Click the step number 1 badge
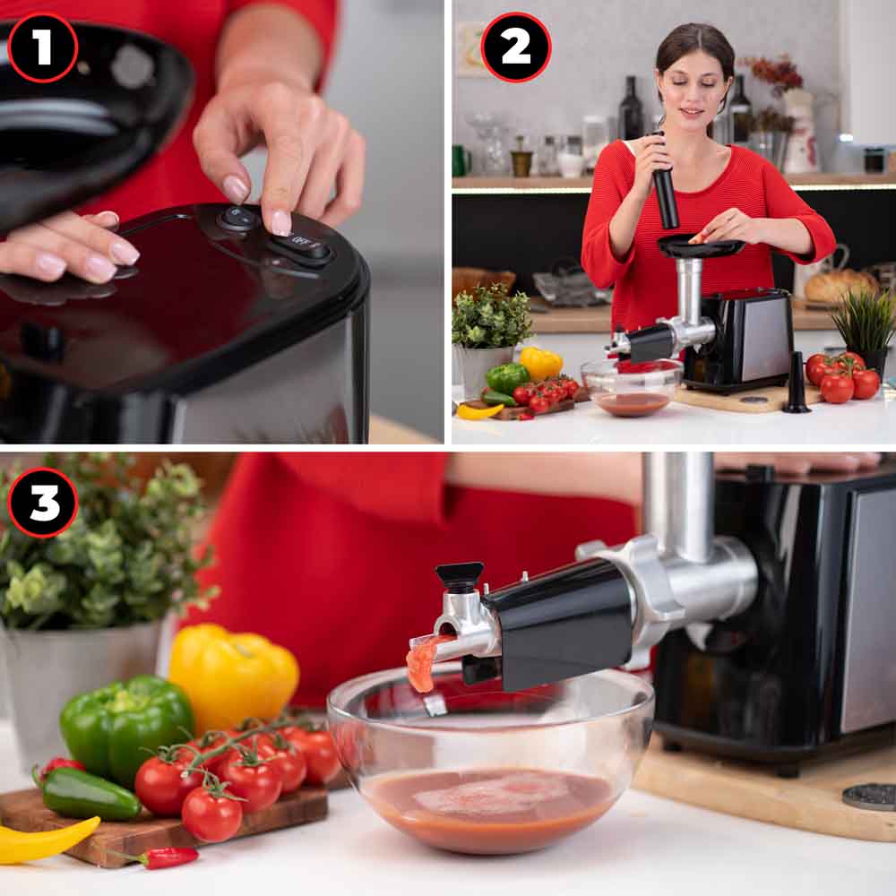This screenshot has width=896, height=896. [42, 47]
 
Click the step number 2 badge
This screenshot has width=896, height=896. [516, 47]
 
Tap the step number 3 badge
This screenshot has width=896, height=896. [43, 503]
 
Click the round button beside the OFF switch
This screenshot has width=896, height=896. [237, 219]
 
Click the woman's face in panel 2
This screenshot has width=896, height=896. [694, 92]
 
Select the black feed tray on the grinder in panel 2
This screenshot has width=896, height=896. [700, 246]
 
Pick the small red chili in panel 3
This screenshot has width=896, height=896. [166, 857]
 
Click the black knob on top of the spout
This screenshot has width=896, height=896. [459, 577]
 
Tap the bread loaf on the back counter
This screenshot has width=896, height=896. [840, 285]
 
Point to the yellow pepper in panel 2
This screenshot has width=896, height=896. [540, 362]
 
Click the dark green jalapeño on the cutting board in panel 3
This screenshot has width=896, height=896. [89, 793]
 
